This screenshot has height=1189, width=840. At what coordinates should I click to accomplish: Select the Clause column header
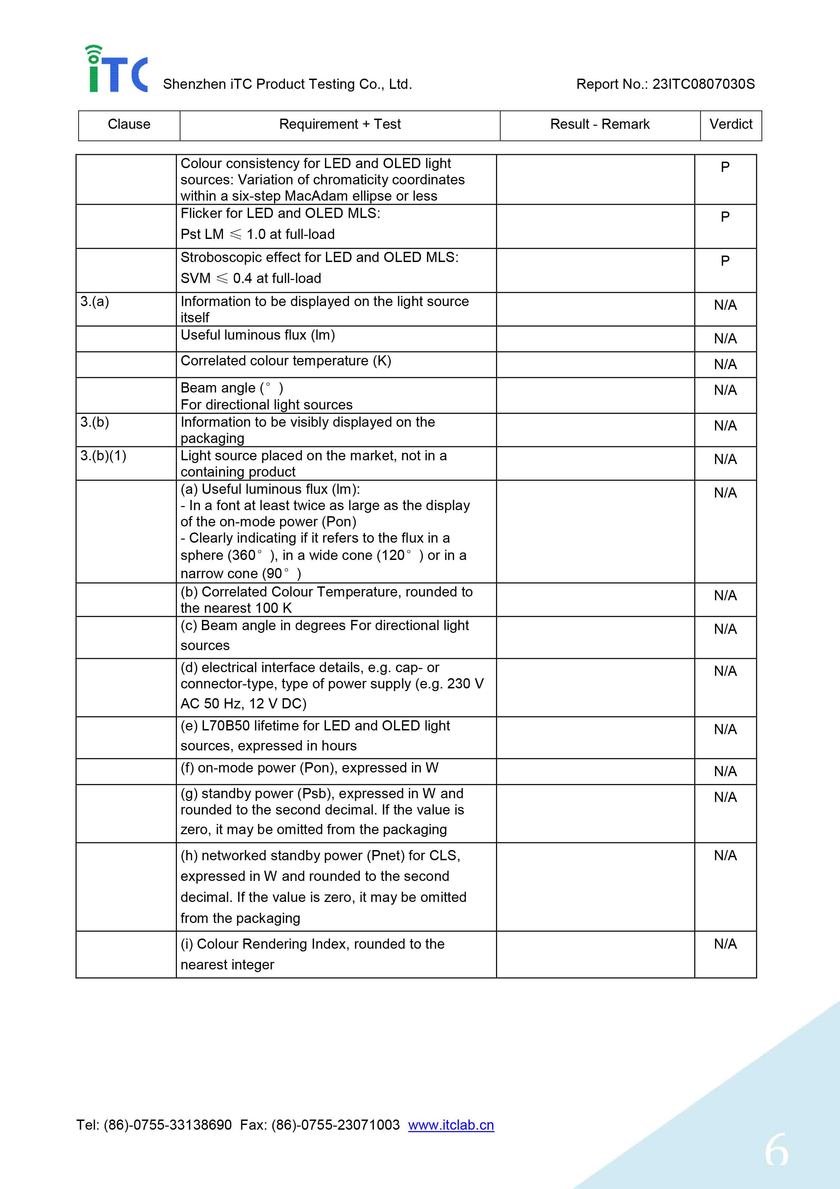point(129,124)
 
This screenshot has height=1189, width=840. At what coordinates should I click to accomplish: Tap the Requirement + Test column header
point(340,124)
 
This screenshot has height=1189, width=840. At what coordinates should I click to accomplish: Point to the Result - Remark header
point(599,124)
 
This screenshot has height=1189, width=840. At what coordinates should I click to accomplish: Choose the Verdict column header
point(730,124)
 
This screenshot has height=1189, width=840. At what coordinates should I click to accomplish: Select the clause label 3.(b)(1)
point(103,456)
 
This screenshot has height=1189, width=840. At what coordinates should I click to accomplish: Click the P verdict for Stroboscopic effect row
point(725,261)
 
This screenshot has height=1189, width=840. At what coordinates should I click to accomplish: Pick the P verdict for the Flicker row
point(725,217)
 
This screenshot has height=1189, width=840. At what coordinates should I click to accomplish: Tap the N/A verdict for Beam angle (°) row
point(725,390)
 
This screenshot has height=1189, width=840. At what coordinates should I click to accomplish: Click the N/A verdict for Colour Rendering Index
point(725,944)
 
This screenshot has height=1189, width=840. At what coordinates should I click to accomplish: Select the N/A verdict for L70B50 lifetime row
point(725,730)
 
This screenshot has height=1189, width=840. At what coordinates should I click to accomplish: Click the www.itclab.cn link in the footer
point(451,1125)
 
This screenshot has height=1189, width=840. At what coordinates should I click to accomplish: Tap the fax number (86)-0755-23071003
point(335,1125)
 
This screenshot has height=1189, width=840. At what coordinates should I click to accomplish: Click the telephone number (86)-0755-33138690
point(168,1125)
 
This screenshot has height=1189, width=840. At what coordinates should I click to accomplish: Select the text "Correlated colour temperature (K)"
point(286,361)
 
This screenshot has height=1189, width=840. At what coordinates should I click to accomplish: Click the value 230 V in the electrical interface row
point(465,684)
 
